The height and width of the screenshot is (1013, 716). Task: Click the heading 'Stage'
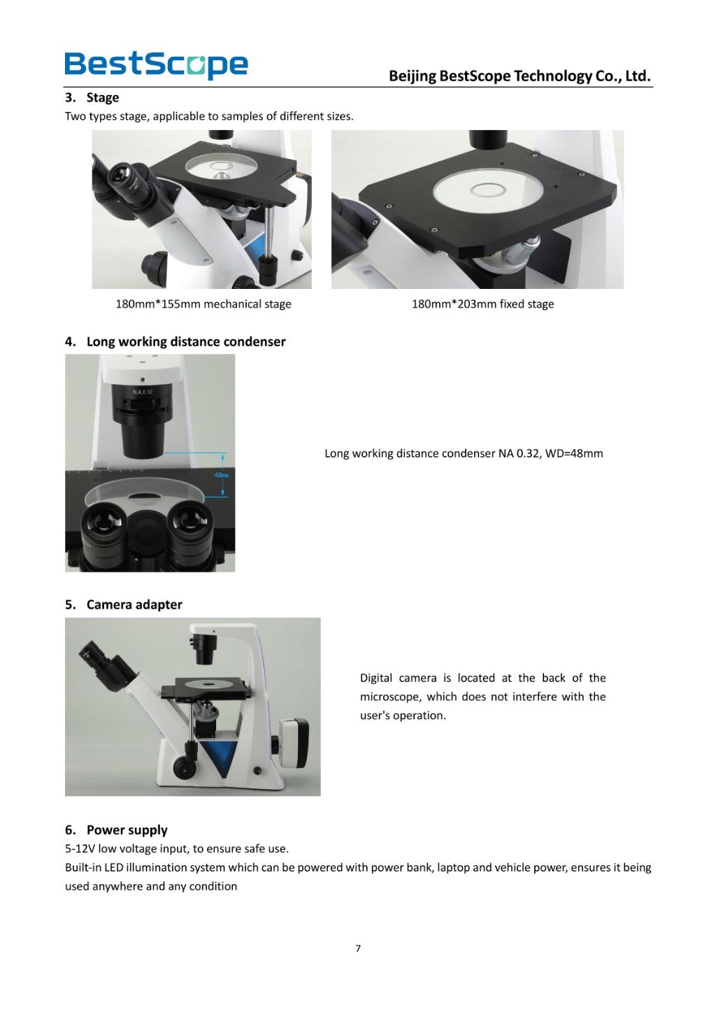[102, 97]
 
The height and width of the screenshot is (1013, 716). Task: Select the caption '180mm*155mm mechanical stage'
[203, 304]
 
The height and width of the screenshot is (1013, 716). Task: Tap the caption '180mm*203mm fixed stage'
[482, 304]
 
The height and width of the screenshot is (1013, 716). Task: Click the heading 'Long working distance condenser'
[185, 341]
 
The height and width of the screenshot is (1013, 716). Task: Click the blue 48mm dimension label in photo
[222, 475]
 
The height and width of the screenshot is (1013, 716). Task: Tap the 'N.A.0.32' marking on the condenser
[143, 392]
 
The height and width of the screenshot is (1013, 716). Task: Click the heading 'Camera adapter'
[134, 604]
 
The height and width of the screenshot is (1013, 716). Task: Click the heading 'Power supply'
[127, 830]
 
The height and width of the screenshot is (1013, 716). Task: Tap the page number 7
[358, 949]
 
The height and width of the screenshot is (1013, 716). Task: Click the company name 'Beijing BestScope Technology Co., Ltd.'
[520, 76]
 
